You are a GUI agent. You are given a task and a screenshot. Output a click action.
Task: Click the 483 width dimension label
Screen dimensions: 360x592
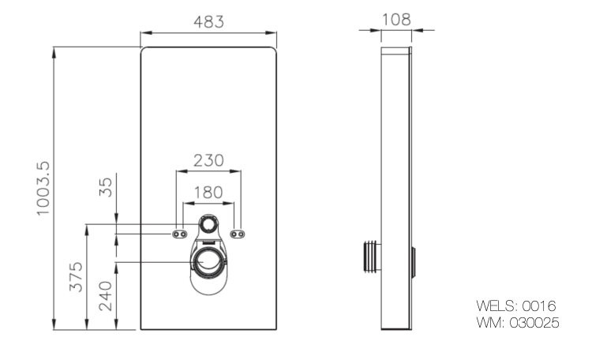[x=208, y=21]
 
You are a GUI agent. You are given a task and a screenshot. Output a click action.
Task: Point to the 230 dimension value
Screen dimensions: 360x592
[x=208, y=160]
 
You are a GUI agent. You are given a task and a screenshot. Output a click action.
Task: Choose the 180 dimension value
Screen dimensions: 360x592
[x=208, y=192]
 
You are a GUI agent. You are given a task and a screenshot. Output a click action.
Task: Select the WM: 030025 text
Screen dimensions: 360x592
[x=518, y=322]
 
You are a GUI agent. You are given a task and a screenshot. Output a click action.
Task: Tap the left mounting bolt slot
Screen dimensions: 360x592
[x=180, y=234]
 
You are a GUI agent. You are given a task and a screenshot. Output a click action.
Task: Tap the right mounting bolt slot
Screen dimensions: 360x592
[x=238, y=234]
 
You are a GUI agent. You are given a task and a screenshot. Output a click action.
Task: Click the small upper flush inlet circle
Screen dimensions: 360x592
[x=208, y=224]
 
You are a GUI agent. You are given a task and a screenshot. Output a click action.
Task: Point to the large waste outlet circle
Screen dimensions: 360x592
[x=209, y=261]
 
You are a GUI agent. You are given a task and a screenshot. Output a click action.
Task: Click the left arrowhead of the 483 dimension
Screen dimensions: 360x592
[x=144, y=32]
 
